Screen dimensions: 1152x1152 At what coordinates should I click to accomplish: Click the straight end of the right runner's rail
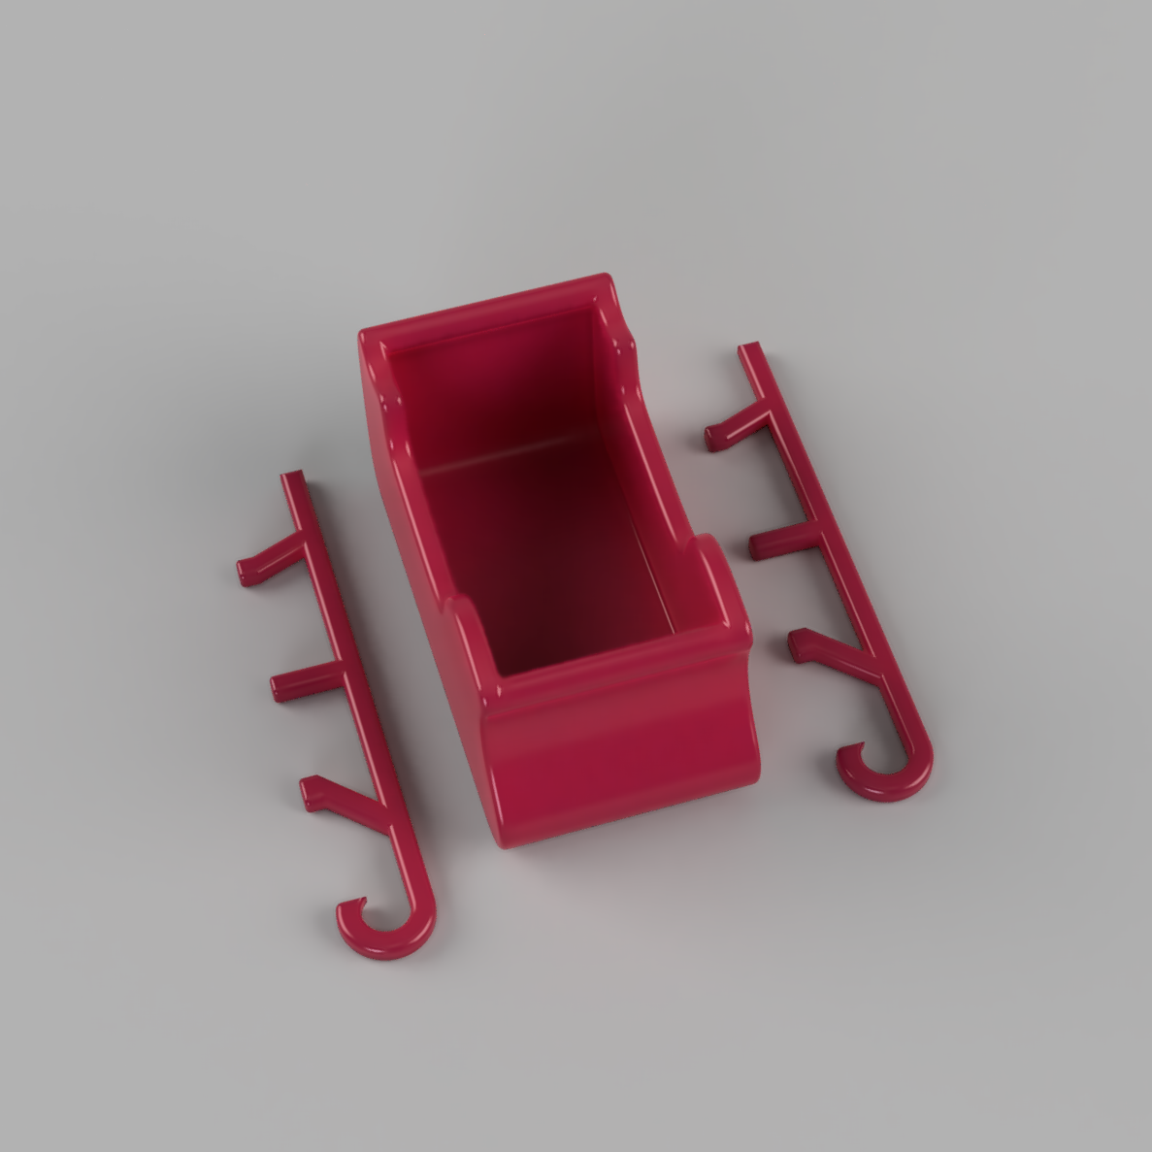click(x=748, y=350)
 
